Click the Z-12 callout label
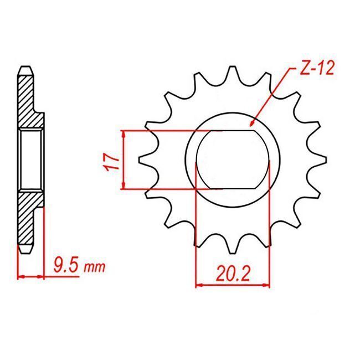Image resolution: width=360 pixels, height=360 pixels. pos(317,68)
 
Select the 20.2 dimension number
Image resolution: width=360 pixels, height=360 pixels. pos(233,274)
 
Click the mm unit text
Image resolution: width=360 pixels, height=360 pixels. pos(95,268)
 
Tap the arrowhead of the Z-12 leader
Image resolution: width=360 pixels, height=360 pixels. pos(253,123)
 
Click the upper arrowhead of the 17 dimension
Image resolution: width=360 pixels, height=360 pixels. pos(124,135)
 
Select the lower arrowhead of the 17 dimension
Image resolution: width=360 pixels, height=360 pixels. pos(124,186)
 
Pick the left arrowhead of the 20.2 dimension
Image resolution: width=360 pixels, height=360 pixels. pos(199,285)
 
